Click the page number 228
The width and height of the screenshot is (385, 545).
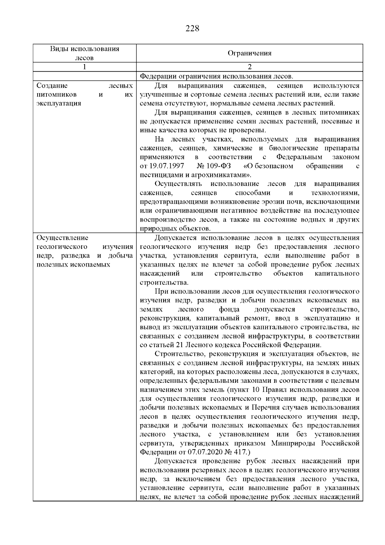tap(193, 29)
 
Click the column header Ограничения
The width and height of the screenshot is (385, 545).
tap(249, 53)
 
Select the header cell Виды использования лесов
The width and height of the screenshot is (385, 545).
tap(84, 53)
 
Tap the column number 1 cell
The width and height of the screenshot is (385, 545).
tap(84, 67)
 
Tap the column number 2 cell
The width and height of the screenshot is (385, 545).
tap(249, 67)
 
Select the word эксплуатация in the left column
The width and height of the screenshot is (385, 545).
tap(59, 103)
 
